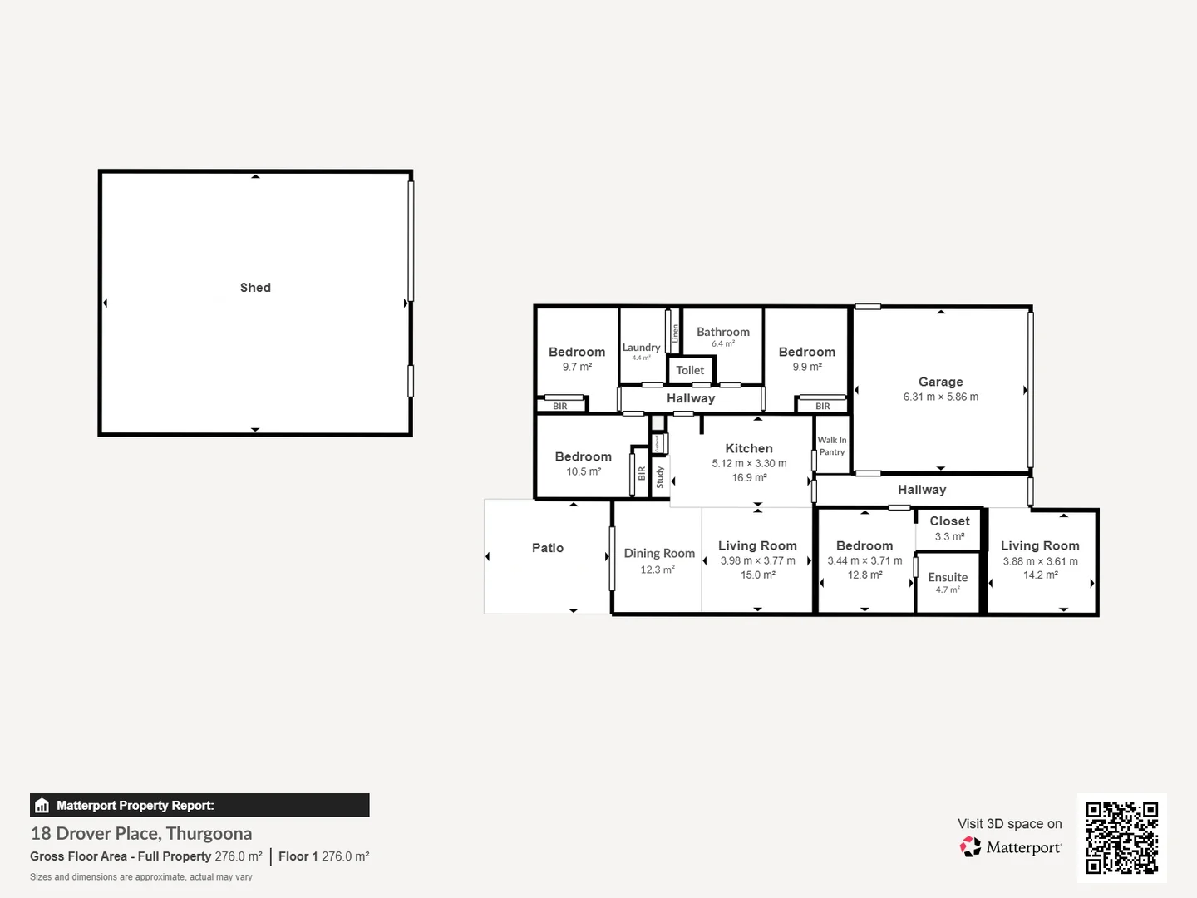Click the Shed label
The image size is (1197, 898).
coord(255,288)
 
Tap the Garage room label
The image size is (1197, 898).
coord(940,382)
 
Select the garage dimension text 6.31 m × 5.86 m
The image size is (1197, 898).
coord(940,397)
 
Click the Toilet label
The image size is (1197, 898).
coord(690,370)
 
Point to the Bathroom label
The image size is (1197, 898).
coord(722,332)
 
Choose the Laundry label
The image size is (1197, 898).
coord(641,348)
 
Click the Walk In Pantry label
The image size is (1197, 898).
coord(831,447)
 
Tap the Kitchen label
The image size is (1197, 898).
coord(748,448)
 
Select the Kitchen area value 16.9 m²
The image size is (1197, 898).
coord(748,478)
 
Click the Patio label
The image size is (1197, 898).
coord(547,548)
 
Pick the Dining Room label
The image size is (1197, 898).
coord(659,553)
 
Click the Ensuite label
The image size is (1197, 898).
coord(948,577)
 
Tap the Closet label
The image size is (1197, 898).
coord(949,521)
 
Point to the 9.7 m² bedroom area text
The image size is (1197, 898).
coord(577,367)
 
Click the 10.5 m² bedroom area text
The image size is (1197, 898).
coord(583,471)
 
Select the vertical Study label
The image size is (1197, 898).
coord(660,476)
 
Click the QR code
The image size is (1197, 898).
coord(1121,837)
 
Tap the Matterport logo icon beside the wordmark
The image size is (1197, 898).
coord(970,847)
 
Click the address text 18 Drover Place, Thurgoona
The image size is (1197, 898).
coord(141,833)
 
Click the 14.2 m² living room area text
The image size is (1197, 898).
coord(1040,575)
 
